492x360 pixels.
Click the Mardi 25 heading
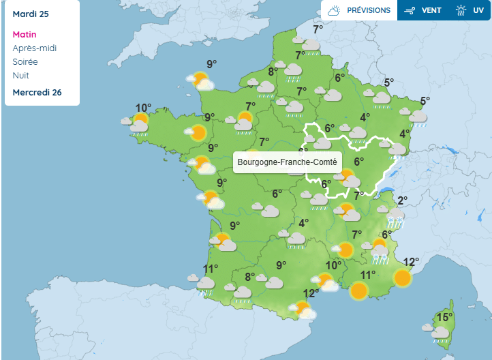tap(31, 14)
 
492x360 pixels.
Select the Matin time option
tap(25, 35)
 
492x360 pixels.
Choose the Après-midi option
tap(35, 48)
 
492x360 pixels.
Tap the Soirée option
tap(26, 62)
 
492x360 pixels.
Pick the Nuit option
tap(21, 76)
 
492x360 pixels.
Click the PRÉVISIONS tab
tap(359, 10)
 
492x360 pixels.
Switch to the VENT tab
tap(423, 10)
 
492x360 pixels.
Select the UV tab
tap(470, 10)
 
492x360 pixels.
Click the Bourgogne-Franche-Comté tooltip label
tap(287, 162)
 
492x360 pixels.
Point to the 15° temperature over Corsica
tap(444, 318)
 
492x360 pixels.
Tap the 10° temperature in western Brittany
tap(143, 108)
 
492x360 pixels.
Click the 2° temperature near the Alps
tap(402, 200)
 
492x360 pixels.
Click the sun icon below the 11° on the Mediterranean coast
tap(358, 292)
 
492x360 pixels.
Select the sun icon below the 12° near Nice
tap(403, 277)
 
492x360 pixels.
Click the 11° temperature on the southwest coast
tap(211, 269)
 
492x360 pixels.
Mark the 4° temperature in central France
tap(304, 223)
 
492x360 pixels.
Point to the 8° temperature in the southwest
tap(249, 277)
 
